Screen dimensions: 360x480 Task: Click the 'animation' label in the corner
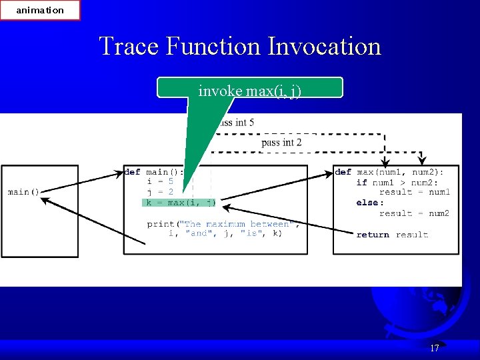[40, 10]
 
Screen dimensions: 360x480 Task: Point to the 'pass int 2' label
[281, 142]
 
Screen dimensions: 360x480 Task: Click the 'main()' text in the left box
[23, 192]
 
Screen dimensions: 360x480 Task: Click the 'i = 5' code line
[160, 181]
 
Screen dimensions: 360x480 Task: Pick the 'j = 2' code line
[160, 192]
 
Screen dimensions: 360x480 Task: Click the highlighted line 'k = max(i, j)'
[180, 203]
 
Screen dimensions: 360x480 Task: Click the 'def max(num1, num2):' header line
[389, 172]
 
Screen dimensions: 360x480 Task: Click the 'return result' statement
[392, 235]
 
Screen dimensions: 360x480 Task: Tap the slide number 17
[435, 348]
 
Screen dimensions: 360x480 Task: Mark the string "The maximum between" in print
[237, 224]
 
